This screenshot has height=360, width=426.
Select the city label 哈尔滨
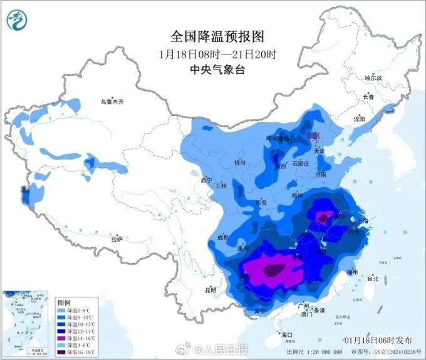pos(373,78)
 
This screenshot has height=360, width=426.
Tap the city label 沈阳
pos(358,118)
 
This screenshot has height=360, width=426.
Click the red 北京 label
pos(311,135)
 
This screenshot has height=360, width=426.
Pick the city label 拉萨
pos(117,239)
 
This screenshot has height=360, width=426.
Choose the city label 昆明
pos(210,290)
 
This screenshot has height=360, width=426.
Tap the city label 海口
pos(287,335)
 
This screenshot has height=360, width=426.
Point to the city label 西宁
pos(206,180)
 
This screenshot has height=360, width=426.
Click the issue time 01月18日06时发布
pos(378,339)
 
